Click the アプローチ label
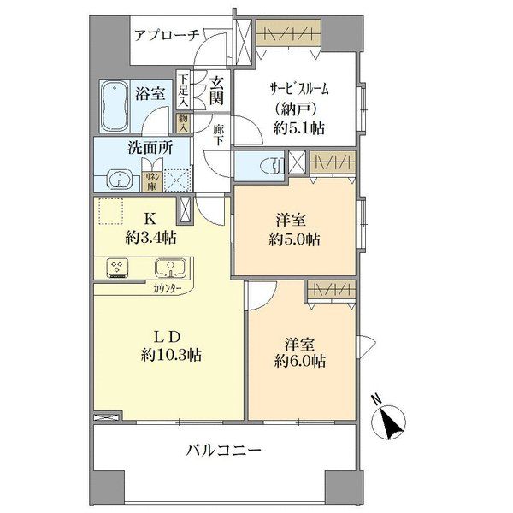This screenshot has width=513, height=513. [x=166, y=35]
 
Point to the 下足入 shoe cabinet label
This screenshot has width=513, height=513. [x=183, y=89]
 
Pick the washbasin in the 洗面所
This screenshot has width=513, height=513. [x=120, y=178]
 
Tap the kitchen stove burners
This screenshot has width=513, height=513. [x=117, y=268]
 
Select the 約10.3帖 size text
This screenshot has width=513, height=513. [x=172, y=354]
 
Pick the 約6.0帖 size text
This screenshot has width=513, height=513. [x=299, y=362]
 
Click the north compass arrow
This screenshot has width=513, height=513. [x=391, y=421]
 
